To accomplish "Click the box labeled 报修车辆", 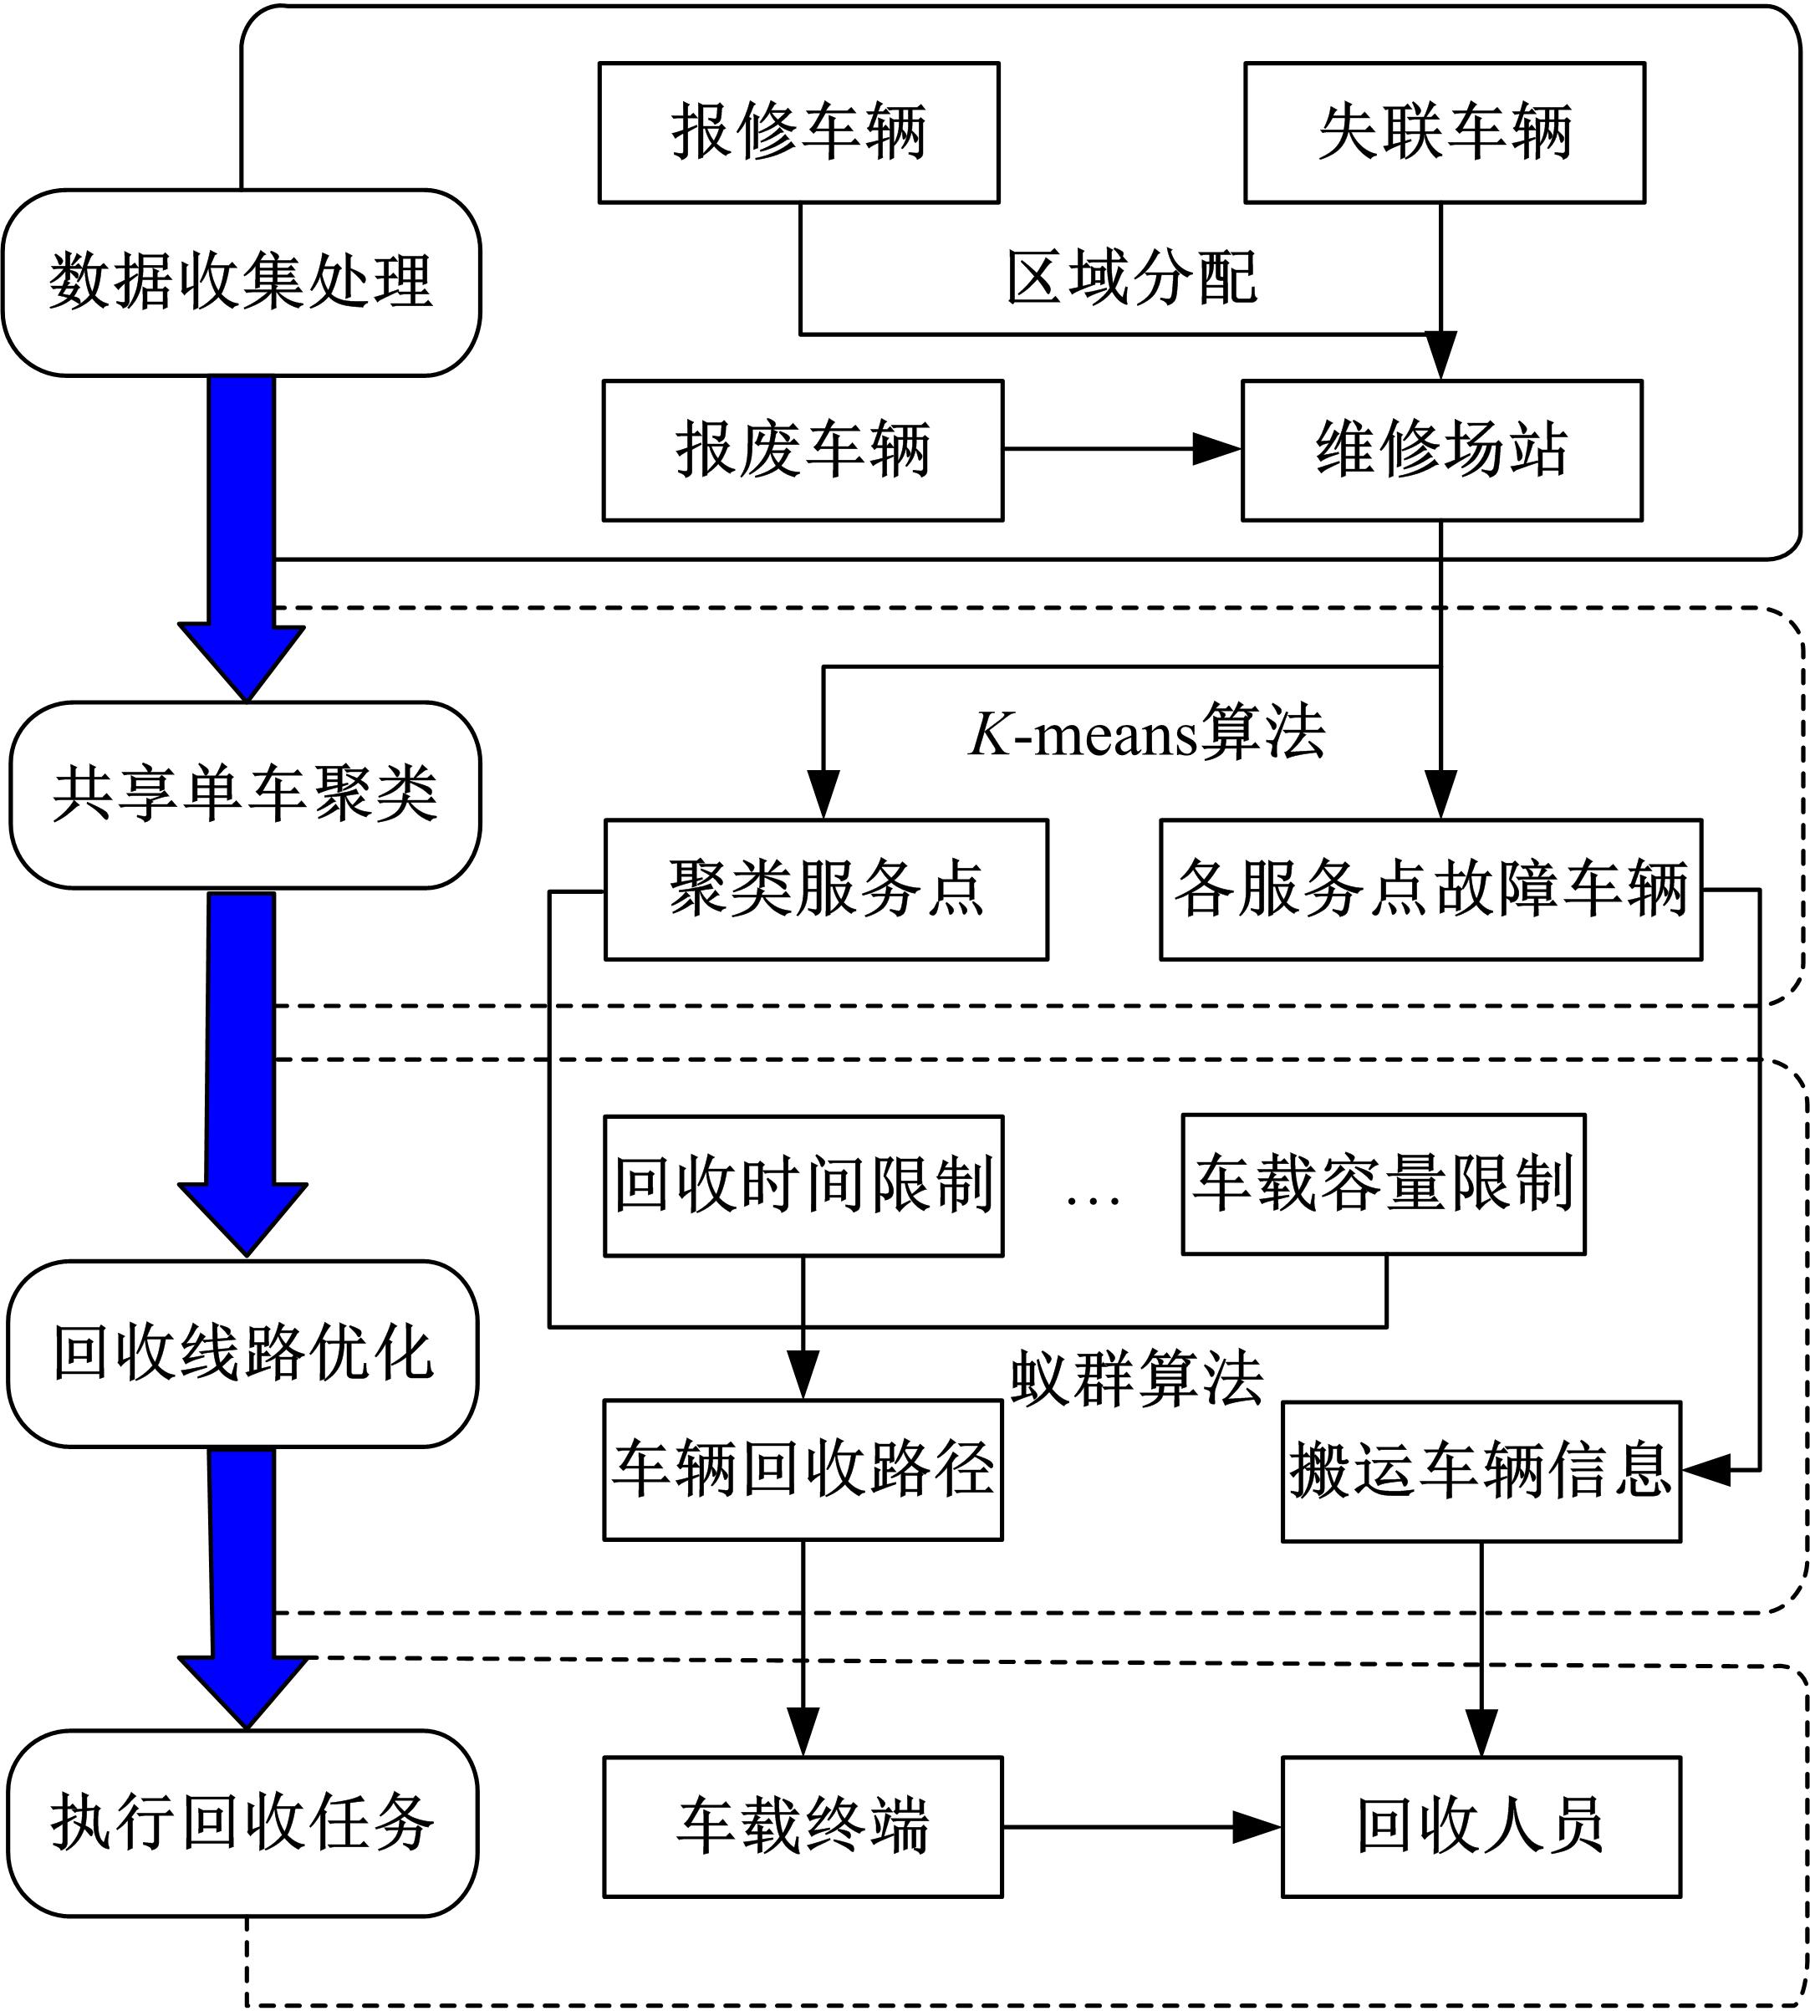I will point(798,132).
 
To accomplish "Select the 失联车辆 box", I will point(1444,132).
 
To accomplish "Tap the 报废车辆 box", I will point(803,450).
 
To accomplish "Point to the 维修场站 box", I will point(1441,450).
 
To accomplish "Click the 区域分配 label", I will point(1132,278).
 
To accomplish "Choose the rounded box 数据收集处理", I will point(241,283).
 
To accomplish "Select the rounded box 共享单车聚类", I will point(245,794).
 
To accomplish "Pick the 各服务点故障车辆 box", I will point(1430,889).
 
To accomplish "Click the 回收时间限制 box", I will point(803,1185).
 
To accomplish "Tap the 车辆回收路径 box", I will point(803,1469).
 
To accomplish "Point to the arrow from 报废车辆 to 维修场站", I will point(1121,450).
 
